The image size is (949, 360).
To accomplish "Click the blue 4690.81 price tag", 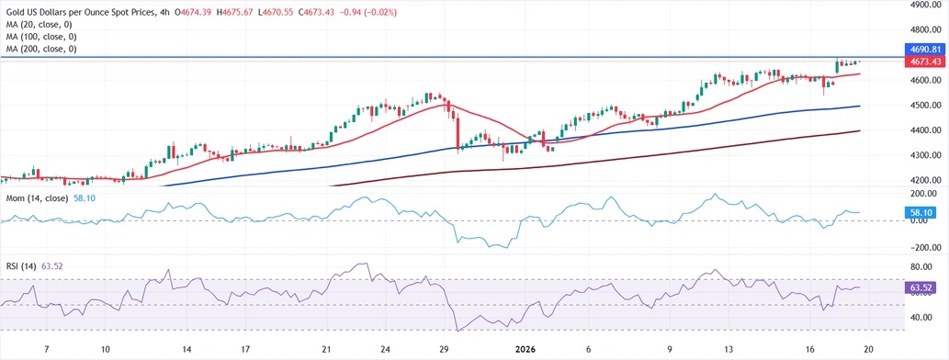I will [923, 49].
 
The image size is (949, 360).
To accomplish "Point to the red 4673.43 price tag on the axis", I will [923, 61].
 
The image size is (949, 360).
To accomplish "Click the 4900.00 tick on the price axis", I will [923, 5].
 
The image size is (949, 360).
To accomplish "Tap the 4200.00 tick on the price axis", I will [923, 180].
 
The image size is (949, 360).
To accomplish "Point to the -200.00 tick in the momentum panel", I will [921, 248].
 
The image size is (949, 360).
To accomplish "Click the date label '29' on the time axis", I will [445, 349].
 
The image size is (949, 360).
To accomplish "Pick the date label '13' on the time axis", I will [729, 349].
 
